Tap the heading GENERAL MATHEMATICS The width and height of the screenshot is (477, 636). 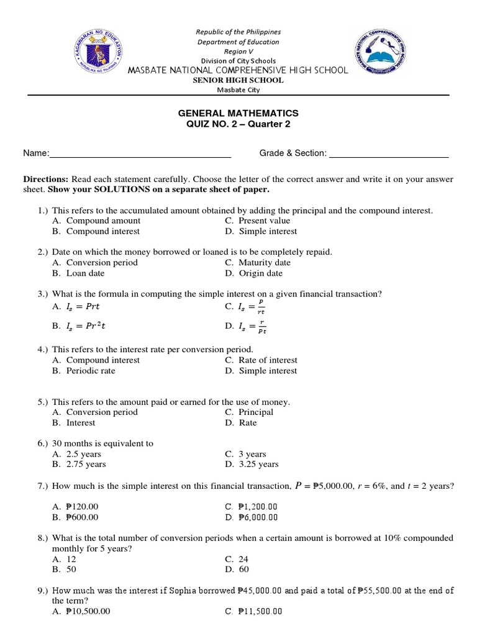tap(238, 113)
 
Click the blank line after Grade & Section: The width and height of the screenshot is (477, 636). tap(388, 153)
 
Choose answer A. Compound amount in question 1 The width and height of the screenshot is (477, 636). tap(97, 220)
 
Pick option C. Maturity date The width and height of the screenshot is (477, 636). tap(258, 262)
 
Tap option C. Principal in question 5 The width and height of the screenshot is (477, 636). tap(249, 412)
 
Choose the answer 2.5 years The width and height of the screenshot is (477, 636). tap(77, 454)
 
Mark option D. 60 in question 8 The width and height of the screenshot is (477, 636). tap(236, 569)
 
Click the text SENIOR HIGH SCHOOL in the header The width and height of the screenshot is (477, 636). tap(238, 80)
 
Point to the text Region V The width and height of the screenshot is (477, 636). tap(238, 52)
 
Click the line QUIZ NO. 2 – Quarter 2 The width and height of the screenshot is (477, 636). tap(238, 124)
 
